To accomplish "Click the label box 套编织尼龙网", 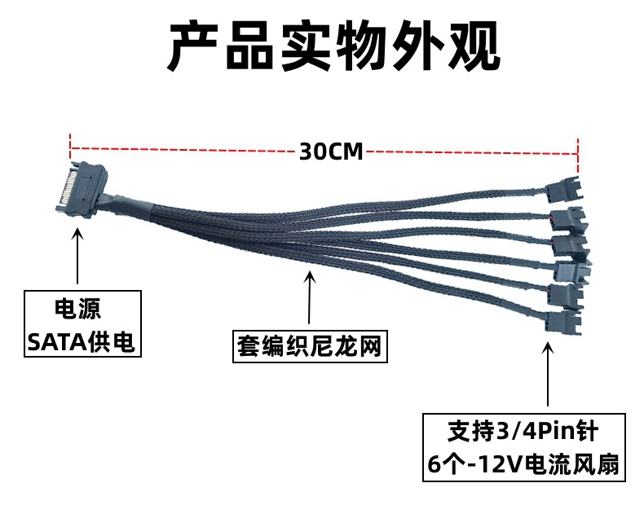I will click(307, 347).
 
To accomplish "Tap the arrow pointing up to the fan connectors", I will click(549, 375).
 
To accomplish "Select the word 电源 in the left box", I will click(79, 309).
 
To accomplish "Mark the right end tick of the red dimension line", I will click(578, 151).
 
